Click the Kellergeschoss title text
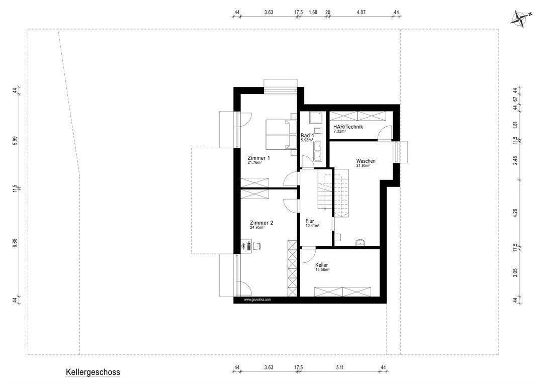[93, 372]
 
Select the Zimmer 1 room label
[258, 158]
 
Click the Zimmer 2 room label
[261, 223]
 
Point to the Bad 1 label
[307, 136]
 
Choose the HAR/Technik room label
[348, 127]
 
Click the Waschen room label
[366, 161]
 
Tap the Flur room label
[310, 221]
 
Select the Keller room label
[322, 265]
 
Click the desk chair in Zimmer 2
[256, 245]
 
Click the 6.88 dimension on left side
[15, 243]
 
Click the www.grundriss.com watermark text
[257, 300]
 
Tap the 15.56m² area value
[322, 270]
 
